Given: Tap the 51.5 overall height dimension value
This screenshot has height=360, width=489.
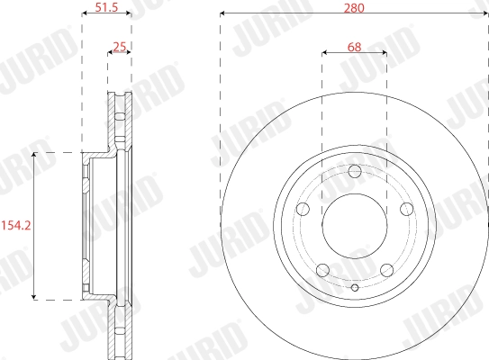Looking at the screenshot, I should point(107,9).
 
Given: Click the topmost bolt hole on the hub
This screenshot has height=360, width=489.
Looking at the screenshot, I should point(355,171).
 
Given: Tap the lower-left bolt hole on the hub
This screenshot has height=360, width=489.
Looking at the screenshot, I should point(323,268).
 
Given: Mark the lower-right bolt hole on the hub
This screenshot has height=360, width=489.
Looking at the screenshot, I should point(386,268).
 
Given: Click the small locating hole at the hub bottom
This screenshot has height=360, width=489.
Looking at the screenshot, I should point(355,288).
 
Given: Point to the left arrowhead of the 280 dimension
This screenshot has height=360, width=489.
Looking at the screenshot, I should point(222,13).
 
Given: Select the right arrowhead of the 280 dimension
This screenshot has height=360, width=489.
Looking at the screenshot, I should point(486,13).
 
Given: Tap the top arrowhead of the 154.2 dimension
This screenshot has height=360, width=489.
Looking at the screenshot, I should point(34,156).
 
